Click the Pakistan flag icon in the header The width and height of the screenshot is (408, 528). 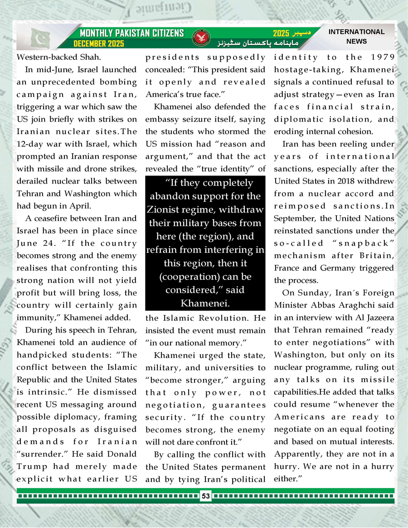41,39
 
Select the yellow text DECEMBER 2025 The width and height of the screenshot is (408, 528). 99,44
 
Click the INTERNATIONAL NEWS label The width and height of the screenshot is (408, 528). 356,36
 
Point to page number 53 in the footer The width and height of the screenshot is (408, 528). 206,496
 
